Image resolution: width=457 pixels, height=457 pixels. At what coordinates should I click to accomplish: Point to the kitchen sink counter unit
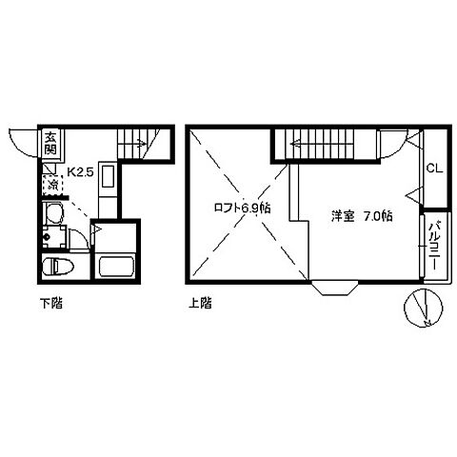[x=107, y=186]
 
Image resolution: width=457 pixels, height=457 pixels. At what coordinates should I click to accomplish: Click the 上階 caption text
[x=199, y=305]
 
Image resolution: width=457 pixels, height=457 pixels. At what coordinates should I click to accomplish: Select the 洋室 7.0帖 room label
[x=362, y=216]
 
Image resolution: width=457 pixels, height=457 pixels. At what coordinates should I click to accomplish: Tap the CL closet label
[x=432, y=169]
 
